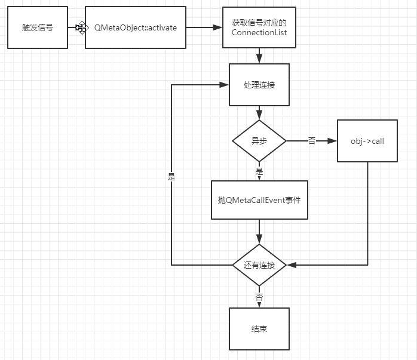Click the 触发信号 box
click(x=37, y=27)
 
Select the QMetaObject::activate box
click(x=135, y=27)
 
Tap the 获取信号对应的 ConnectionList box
click(x=259, y=27)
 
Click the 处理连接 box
click(x=259, y=85)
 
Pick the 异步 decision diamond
click(x=259, y=141)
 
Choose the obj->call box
click(x=367, y=141)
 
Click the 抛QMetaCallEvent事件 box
click(x=259, y=199)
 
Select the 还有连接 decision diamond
click(x=259, y=264)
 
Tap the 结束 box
click(x=259, y=329)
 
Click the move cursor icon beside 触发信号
click(x=82, y=27)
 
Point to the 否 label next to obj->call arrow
click(x=311, y=141)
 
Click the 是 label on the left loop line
click(x=171, y=177)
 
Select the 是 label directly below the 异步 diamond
click(x=259, y=171)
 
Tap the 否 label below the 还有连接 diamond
click(x=259, y=297)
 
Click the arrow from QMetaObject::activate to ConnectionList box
click(x=204, y=27)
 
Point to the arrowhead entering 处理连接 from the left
click(x=225, y=85)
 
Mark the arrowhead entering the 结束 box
click(x=259, y=304)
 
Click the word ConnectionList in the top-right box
click(x=259, y=33)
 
